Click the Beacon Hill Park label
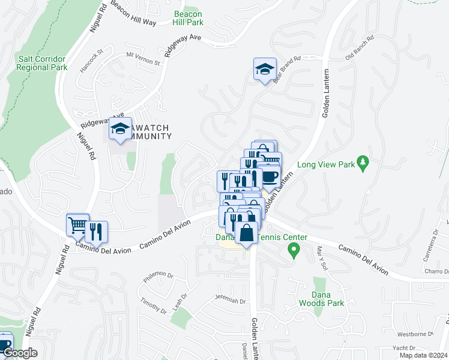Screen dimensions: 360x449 (188, 18)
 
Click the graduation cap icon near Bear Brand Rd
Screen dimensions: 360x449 (264, 70)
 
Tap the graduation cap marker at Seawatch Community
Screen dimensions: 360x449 (120, 128)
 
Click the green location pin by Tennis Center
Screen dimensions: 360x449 (294, 249)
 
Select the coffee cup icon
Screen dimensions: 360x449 (269, 176)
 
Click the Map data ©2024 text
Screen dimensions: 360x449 (423, 355)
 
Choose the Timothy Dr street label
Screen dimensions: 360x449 (154, 306)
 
